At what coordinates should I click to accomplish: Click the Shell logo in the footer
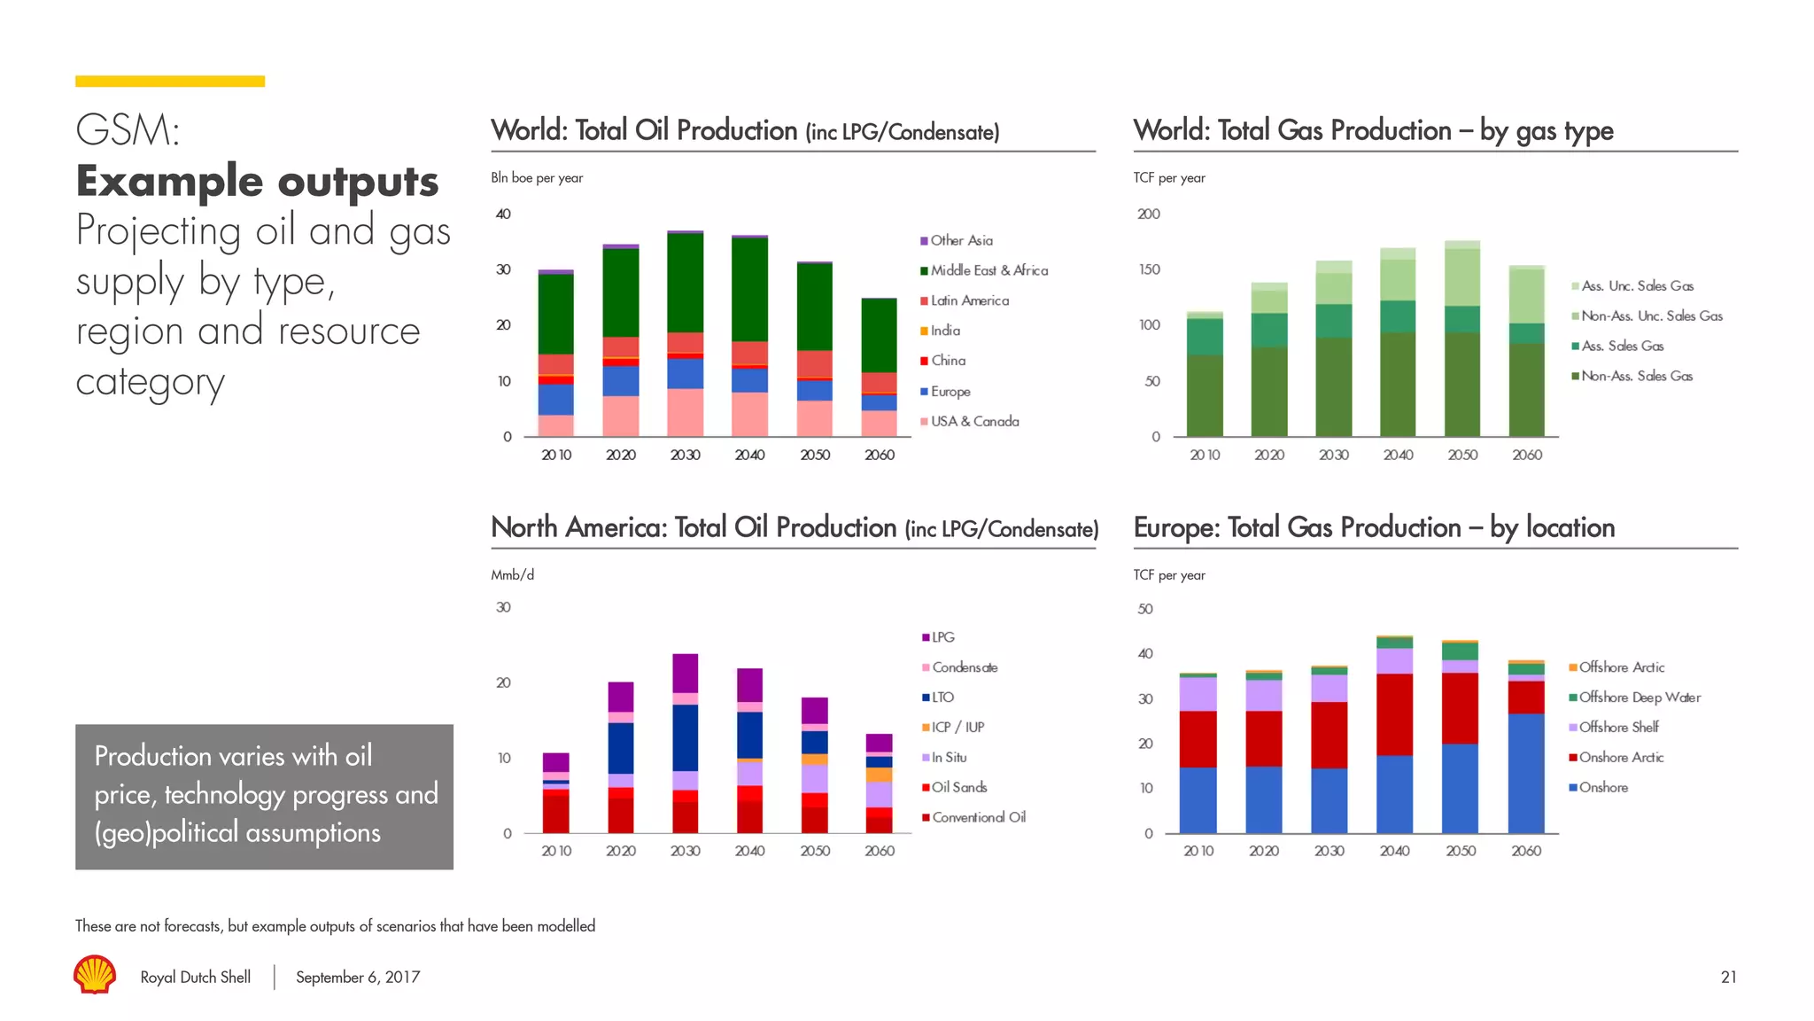[95, 974]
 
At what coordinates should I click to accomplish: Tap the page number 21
[1728, 977]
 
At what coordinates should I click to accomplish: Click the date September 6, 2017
[358, 977]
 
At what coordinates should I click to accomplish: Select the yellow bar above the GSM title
[170, 82]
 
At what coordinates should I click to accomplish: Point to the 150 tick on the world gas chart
[1149, 269]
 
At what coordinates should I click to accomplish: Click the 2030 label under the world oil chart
[685, 455]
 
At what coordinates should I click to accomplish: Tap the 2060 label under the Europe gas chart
[1526, 851]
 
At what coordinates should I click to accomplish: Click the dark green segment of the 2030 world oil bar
[685, 284]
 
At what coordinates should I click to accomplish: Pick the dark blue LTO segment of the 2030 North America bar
[685, 737]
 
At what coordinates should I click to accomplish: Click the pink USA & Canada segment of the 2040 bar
[749, 414]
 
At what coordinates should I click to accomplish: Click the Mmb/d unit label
[513, 575]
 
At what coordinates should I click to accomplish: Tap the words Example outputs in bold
[257, 181]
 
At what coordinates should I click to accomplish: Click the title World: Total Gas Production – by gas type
[1373, 131]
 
